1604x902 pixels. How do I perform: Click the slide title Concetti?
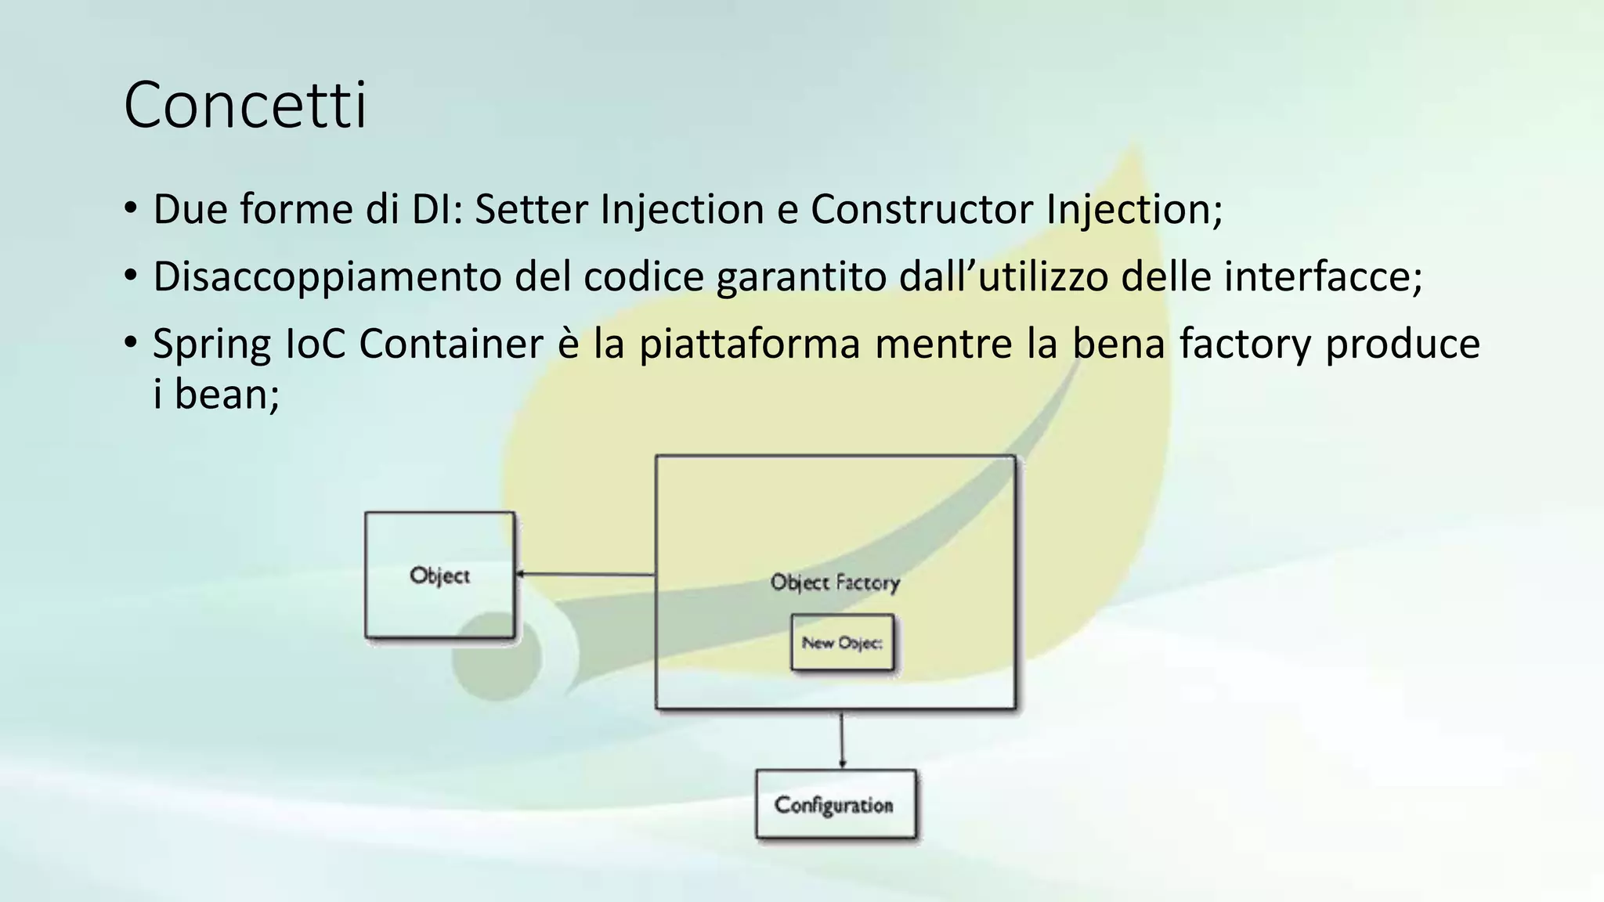coord(244,105)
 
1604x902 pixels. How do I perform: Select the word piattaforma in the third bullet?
coord(750,345)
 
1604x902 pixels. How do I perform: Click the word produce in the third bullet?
coord(1402,345)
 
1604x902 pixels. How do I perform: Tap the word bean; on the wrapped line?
coord(226,394)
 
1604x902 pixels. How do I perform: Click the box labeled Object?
coord(439,575)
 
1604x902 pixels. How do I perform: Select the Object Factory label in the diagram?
coord(835,583)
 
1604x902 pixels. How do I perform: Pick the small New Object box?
coord(842,643)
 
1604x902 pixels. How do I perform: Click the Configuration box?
coord(835,805)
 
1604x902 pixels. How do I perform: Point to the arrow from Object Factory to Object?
coord(585,575)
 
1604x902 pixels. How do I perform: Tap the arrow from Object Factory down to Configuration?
coord(842,740)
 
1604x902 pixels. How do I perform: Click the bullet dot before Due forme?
coord(130,209)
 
